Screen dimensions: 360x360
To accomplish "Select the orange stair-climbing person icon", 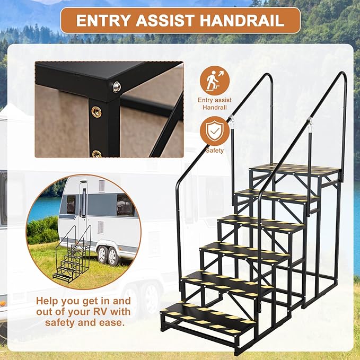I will pos(215,80).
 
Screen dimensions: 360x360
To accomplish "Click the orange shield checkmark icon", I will pos(215,130).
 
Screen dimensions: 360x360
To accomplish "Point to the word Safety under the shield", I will pos(215,150).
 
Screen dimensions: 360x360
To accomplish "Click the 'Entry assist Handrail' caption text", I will pos(215,103).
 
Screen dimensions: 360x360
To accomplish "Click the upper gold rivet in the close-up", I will pos(97,112).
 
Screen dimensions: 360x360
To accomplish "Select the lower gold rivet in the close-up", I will pos(96,154).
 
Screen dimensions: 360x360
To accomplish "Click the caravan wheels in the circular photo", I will pos(106,256).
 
